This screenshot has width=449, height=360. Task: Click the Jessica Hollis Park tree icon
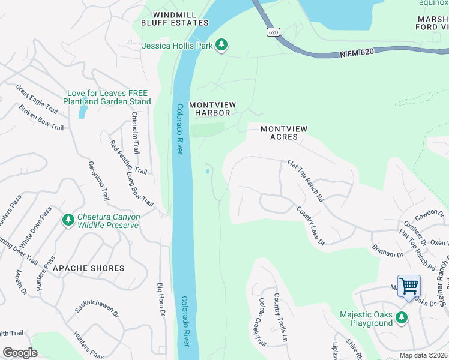221,44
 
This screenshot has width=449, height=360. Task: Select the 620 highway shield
274,32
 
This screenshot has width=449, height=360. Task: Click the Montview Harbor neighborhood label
212,109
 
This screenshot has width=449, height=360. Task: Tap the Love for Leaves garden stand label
107,97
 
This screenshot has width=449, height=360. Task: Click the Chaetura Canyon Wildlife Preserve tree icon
68,220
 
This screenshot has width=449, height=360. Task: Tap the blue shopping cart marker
409,286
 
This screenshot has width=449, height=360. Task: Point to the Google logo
20,352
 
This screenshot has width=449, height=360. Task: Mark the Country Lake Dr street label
310,226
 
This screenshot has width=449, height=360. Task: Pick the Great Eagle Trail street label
37,98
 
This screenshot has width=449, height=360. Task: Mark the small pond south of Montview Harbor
208,172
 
